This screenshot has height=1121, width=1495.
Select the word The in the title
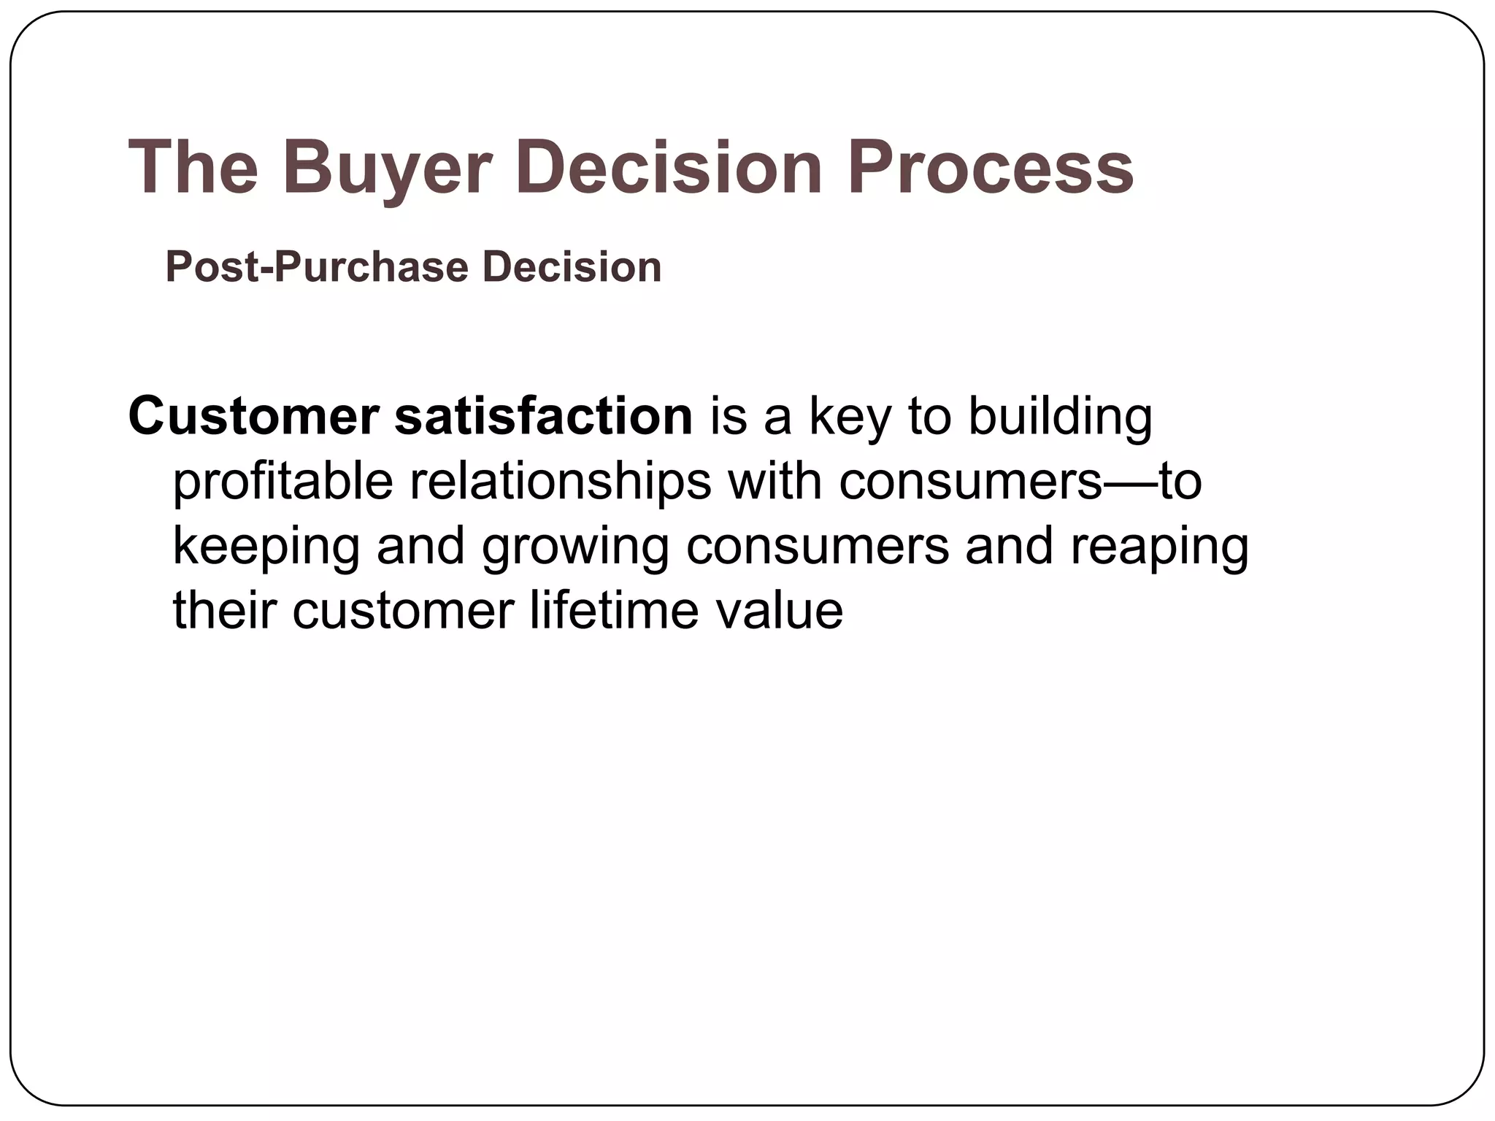pos(193,168)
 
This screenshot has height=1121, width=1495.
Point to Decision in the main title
pos(669,168)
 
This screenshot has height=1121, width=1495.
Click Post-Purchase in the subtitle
pos(316,267)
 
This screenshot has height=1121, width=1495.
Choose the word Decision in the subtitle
pos(572,266)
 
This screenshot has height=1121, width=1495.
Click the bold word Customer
pos(253,417)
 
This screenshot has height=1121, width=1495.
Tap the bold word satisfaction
pos(543,417)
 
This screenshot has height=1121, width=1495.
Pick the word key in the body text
pos(850,418)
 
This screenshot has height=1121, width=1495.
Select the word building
pos(1060,418)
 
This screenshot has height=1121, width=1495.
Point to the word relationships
pos(561,483)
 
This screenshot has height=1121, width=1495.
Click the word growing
pos(575,548)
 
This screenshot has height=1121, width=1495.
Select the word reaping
pos(1159,548)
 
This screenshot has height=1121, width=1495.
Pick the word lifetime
pos(614,611)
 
